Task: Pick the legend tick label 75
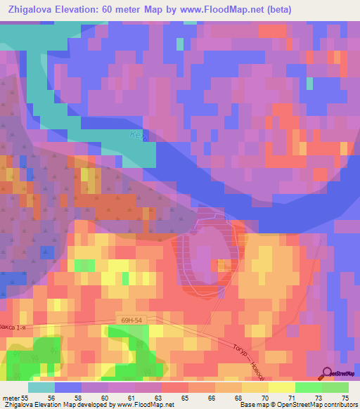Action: click(x=345, y=398)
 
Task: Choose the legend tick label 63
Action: click(x=157, y=398)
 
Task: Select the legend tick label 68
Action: click(x=238, y=398)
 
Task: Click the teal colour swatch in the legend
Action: click(x=41, y=387)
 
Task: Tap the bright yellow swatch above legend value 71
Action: click(x=282, y=387)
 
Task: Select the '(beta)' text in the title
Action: click(x=276, y=10)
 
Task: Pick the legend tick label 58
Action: click(x=77, y=398)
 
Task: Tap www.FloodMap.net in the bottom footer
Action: click(x=145, y=405)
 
